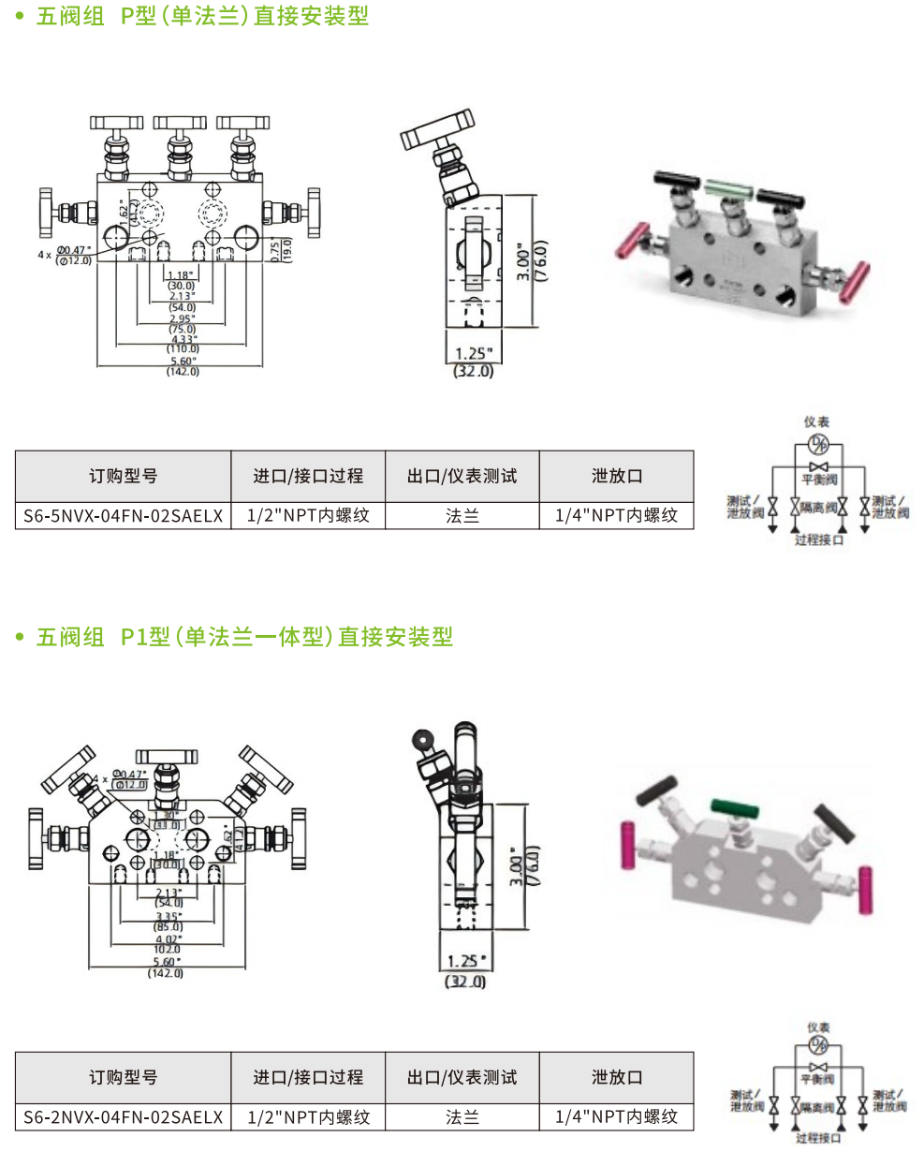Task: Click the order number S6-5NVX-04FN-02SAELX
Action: click(x=123, y=515)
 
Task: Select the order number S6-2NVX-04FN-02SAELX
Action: click(x=123, y=1116)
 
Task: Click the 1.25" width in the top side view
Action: click(x=473, y=353)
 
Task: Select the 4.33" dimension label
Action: click(x=183, y=339)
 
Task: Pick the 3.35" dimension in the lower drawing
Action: click(x=169, y=916)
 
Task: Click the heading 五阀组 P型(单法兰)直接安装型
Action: click(x=202, y=17)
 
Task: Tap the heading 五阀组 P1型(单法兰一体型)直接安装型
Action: click(x=244, y=638)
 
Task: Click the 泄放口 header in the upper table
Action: click(x=617, y=476)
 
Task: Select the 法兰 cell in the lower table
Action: click(x=462, y=1116)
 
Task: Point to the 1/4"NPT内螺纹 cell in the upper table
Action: click(x=617, y=515)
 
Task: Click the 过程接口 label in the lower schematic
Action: click(x=819, y=1138)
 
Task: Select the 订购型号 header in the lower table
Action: click(x=123, y=1077)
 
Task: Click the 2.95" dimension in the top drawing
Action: click(x=183, y=318)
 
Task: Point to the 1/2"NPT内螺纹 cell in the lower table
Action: click(x=308, y=1116)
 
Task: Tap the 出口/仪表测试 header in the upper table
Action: click(x=462, y=476)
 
